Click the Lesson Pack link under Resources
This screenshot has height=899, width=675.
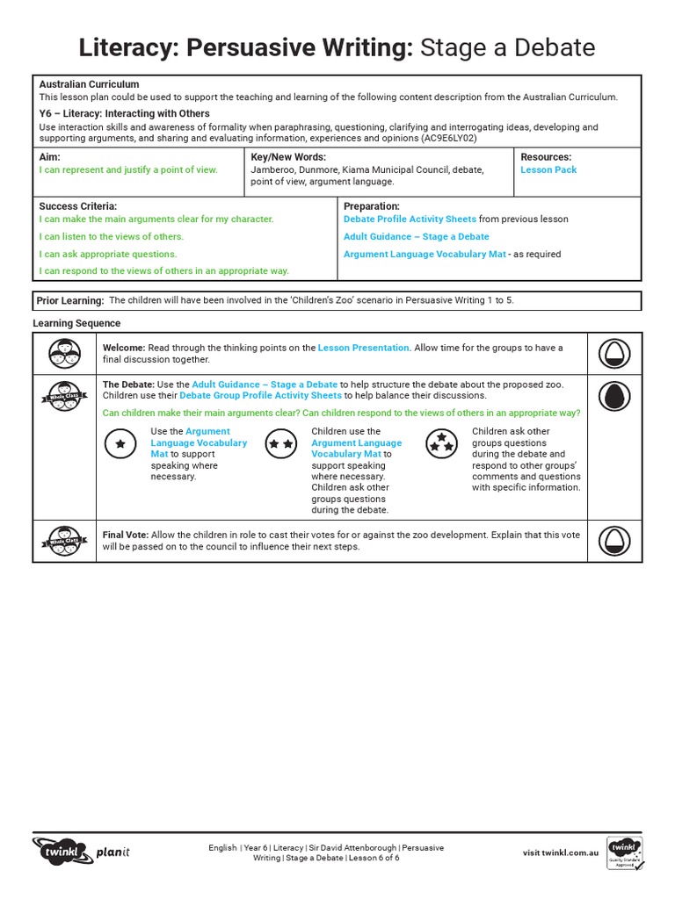pyautogui.click(x=548, y=169)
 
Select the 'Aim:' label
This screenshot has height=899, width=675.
pyautogui.click(x=49, y=156)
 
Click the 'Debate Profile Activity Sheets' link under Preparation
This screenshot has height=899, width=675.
pyautogui.click(x=410, y=219)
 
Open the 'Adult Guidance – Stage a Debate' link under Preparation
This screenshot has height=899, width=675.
pyautogui.click(x=417, y=236)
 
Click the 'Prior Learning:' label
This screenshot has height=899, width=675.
pyautogui.click(x=70, y=300)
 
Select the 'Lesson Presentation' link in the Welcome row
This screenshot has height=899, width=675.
pyautogui.click(x=363, y=348)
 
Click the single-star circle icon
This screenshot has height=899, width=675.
pyautogui.click(x=120, y=444)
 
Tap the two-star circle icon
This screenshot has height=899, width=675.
pyautogui.click(x=281, y=444)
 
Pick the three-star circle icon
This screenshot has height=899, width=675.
pyautogui.click(x=440, y=443)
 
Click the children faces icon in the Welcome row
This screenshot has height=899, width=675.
pyautogui.click(x=64, y=353)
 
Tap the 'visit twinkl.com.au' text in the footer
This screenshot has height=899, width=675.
pyautogui.click(x=561, y=852)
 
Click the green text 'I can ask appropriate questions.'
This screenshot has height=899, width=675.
pyautogui.click(x=108, y=254)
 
